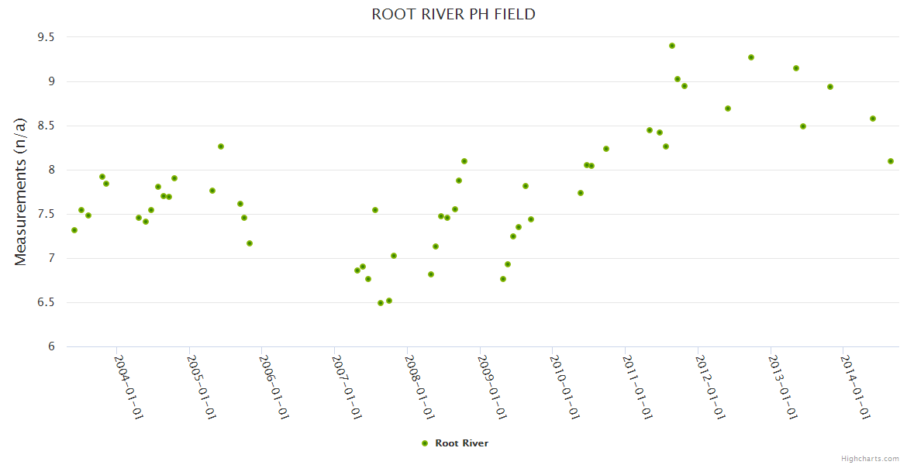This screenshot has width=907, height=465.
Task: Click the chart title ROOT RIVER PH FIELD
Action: [453, 14]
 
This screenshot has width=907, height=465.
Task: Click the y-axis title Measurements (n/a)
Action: [21, 191]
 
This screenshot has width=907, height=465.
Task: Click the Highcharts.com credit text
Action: [870, 458]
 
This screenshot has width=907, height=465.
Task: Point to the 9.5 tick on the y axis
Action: [46, 37]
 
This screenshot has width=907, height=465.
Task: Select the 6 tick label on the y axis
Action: [52, 346]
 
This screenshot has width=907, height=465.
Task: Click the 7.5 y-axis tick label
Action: [46, 214]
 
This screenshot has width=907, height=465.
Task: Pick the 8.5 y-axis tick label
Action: [46, 126]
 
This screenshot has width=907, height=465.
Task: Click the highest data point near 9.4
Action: [672, 46]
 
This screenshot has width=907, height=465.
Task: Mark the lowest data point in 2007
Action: [381, 303]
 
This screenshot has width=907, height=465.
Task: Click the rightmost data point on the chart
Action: [891, 161]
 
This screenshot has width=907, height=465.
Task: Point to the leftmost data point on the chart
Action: [74, 230]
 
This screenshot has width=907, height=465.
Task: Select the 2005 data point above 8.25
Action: [221, 146]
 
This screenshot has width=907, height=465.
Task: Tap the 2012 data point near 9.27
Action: [751, 57]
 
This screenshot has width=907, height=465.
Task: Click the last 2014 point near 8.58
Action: [873, 119]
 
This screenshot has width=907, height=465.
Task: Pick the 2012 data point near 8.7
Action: [728, 108]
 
